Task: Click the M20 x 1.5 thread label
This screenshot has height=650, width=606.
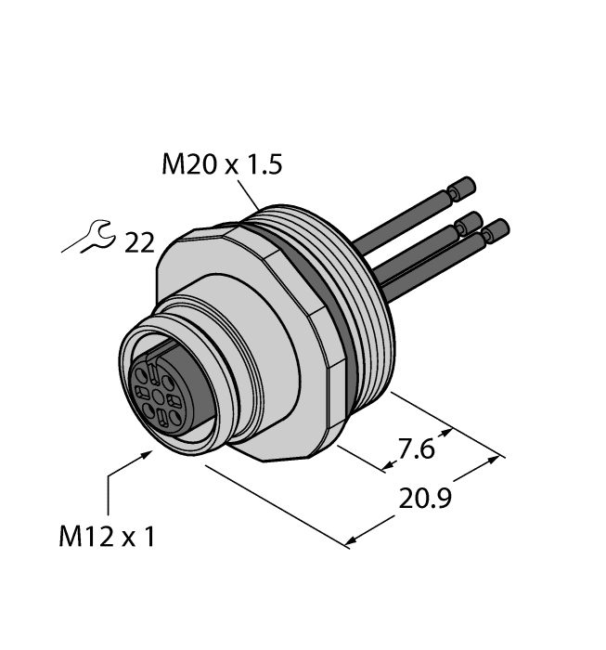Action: click(221, 166)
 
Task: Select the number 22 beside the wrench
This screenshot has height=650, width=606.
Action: click(138, 243)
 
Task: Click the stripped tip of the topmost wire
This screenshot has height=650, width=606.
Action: click(461, 189)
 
